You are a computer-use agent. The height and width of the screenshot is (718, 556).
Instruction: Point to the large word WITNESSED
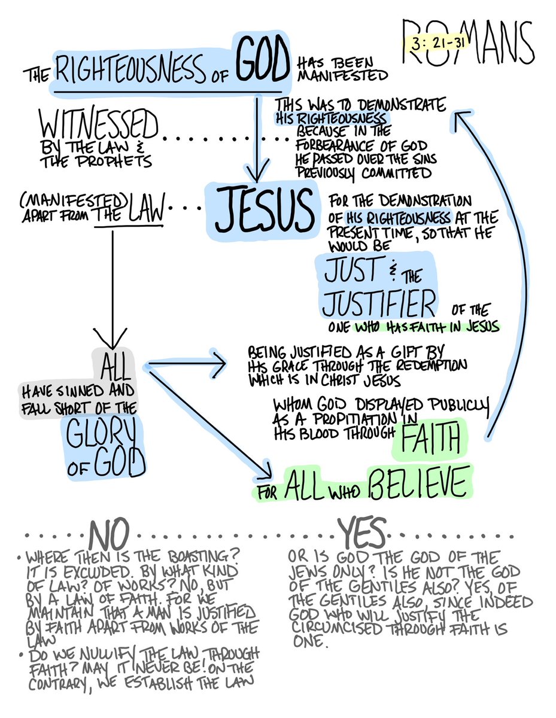[x=99, y=127]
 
